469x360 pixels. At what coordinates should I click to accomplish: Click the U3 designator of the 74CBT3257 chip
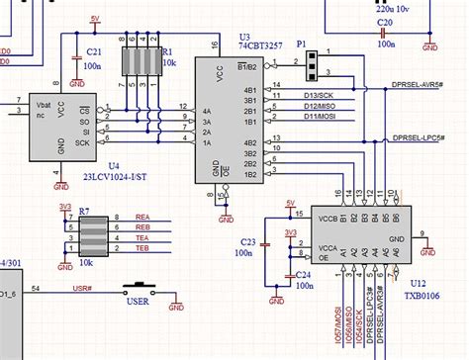[x=245, y=37]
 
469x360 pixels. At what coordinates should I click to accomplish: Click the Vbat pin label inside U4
[x=42, y=102]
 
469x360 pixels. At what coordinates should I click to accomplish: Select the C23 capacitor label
[x=248, y=241]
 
